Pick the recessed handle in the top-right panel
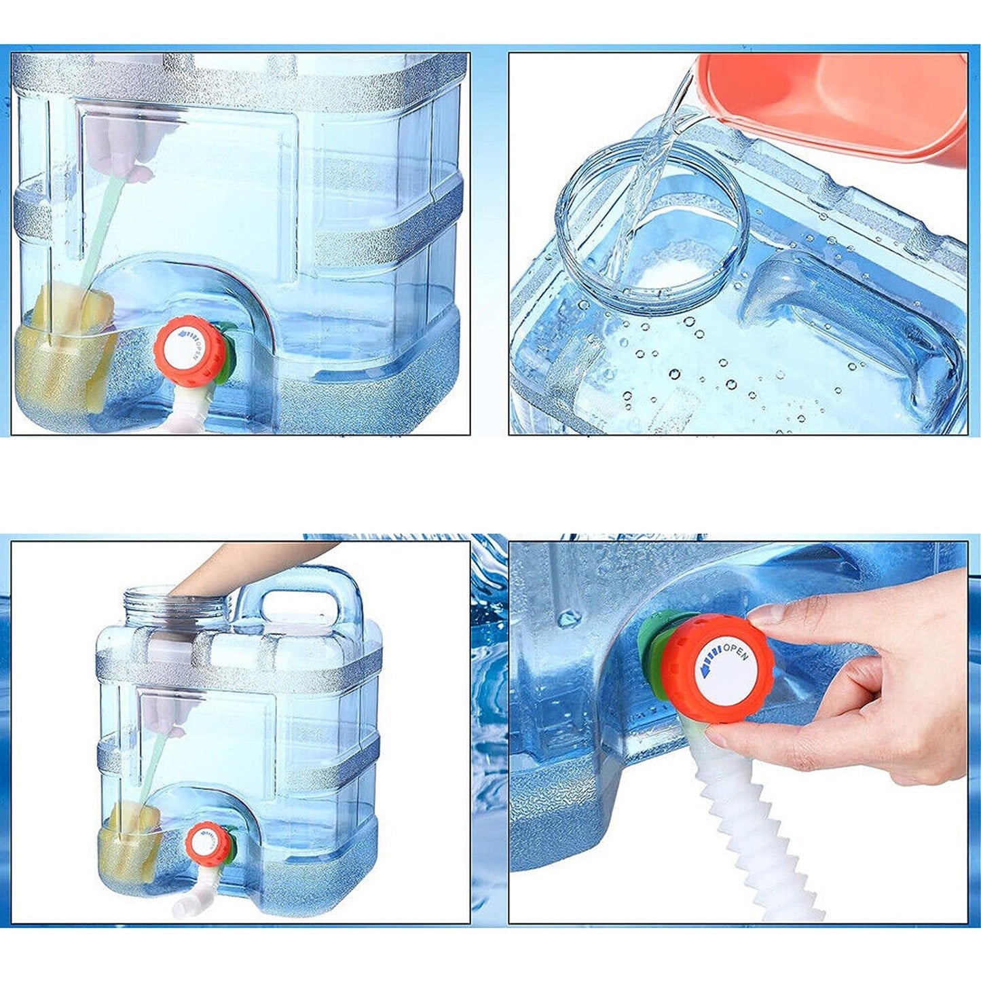pos(849,319)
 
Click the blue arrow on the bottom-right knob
pos(709,663)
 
